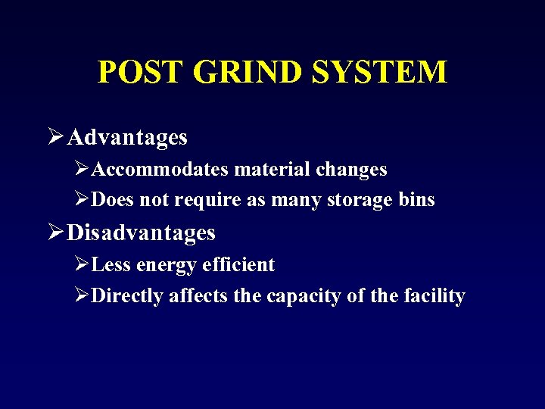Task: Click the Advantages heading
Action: coord(127,138)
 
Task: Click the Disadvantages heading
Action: coord(142,233)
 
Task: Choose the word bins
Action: coord(418,201)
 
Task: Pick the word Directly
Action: coord(127,296)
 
